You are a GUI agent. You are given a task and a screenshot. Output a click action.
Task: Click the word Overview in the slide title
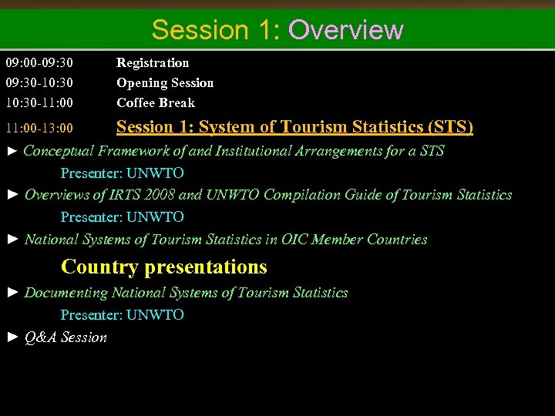tap(345, 29)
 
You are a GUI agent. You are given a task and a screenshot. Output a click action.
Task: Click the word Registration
tap(153, 62)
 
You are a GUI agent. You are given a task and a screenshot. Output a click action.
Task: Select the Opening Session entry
tap(165, 82)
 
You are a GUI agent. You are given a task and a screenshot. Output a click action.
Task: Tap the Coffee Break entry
tap(156, 102)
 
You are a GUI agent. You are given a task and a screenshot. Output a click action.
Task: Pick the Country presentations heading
tap(164, 267)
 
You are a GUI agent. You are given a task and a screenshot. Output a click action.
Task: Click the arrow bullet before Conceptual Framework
tap(12, 151)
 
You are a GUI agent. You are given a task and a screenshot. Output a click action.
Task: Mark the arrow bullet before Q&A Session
tap(12, 337)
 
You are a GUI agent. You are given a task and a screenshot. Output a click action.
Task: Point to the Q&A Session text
tap(66, 337)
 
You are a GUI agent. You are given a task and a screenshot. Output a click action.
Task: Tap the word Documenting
tap(66, 293)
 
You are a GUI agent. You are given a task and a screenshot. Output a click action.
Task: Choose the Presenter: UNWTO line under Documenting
tap(123, 314)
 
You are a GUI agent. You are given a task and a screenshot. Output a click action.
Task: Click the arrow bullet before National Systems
tap(12, 240)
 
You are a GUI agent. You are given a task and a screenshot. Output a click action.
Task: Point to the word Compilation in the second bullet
tap(301, 195)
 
